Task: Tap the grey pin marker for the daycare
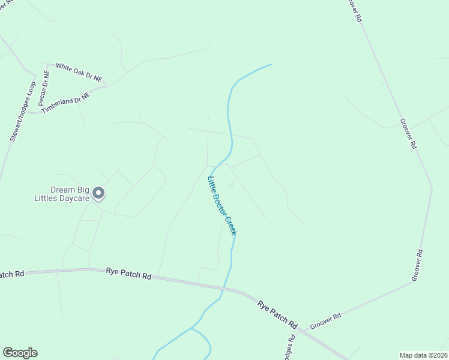tap(98, 193)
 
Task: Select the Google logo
tap(20, 353)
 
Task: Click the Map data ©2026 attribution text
tap(423, 355)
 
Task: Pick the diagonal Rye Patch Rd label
tap(277, 314)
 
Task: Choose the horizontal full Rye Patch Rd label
tap(128, 274)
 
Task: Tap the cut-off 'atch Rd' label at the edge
tap(11, 274)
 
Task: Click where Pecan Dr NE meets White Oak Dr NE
tap(49, 64)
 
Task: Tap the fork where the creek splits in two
tap(191, 328)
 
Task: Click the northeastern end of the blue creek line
tap(271, 64)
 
